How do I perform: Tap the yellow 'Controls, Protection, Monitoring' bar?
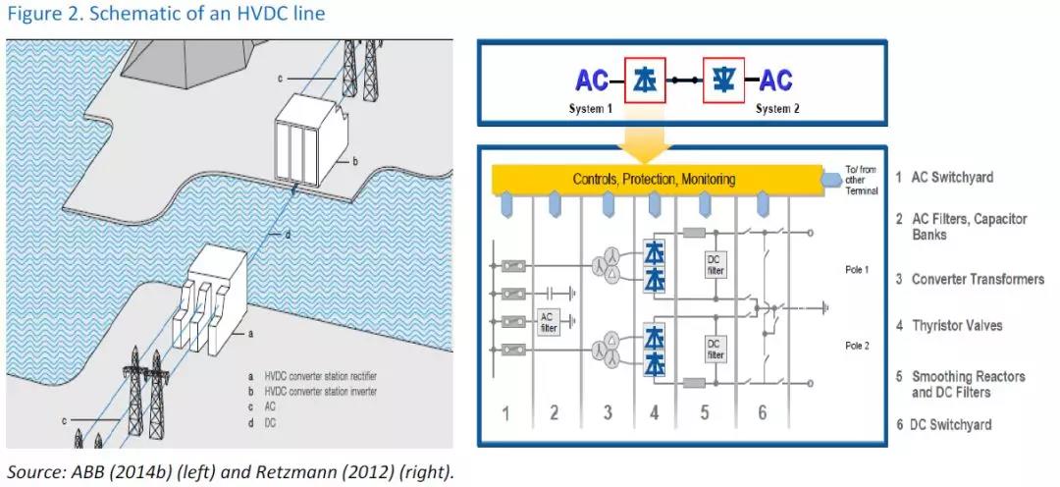click(x=654, y=180)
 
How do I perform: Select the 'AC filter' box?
click(x=549, y=322)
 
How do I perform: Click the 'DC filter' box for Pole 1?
click(x=715, y=264)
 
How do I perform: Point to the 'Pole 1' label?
click(x=857, y=268)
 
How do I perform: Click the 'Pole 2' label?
click(x=857, y=346)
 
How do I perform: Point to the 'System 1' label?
click(x=592, y=109)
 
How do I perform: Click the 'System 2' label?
click(x=777, y=109)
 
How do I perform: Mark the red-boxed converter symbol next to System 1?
click(x=645, y=81)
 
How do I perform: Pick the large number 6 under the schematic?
click(x=762, y=413)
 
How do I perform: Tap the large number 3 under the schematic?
click(x=608, y=413)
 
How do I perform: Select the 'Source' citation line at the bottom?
click(x=231, y=470)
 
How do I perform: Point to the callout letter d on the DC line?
click(x=287, y=235)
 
